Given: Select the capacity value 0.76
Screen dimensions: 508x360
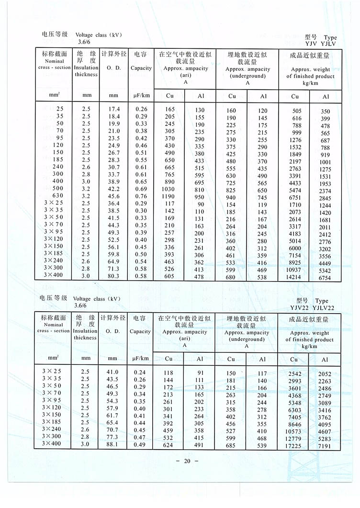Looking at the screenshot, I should [141, 196].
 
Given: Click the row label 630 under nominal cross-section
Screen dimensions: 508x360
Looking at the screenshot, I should [58, 196].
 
